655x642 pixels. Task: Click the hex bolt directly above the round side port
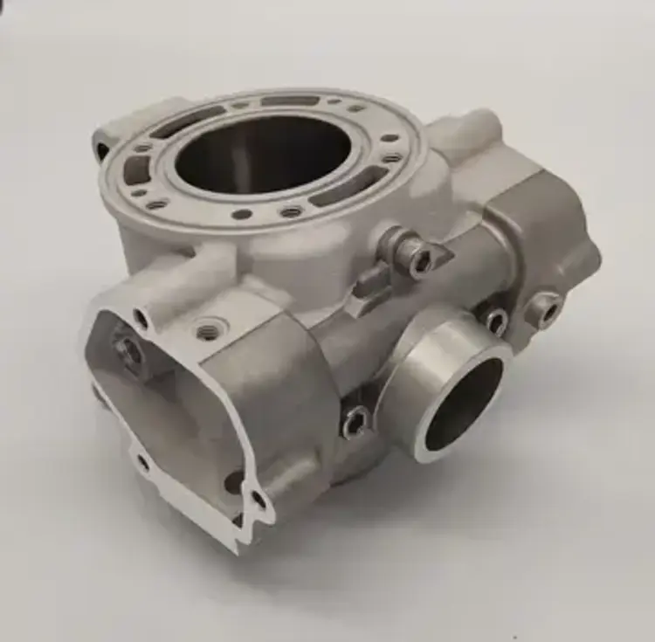coord(495,320)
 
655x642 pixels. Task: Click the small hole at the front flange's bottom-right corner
coord(259,500)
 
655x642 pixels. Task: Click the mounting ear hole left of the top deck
coord(102,148)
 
